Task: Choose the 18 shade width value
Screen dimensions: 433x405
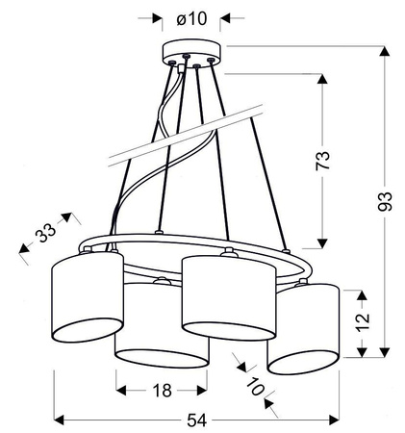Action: [x=162, y=390]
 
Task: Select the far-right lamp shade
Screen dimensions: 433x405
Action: [x=303, y=327]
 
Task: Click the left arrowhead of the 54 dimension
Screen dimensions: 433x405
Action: [x=57, y=420]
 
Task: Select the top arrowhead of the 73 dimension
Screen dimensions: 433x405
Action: [x=322, y=75]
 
